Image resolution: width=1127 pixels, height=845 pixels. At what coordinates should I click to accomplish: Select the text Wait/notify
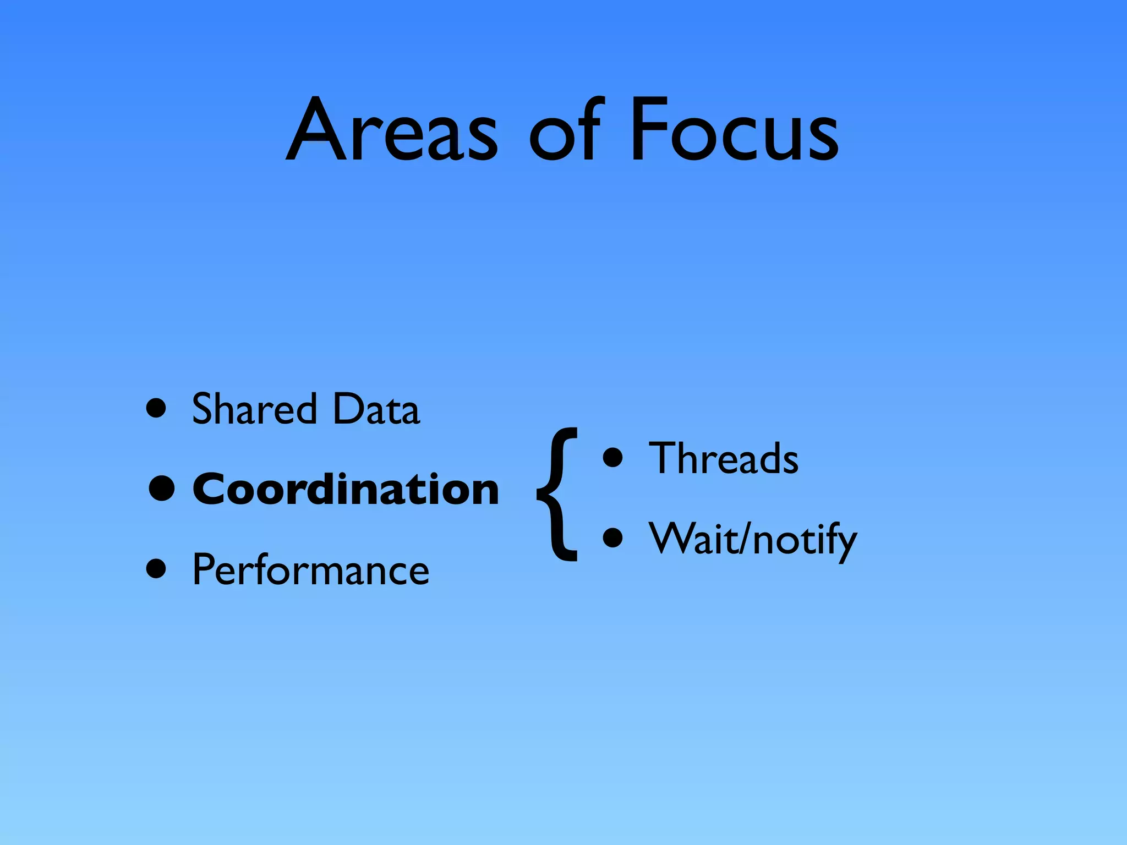753,539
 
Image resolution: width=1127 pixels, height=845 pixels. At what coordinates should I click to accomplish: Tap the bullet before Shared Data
156,409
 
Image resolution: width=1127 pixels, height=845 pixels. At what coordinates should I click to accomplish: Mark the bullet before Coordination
162,489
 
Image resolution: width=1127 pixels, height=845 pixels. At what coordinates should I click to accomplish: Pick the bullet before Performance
156,569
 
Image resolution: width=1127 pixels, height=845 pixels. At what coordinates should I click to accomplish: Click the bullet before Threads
612,458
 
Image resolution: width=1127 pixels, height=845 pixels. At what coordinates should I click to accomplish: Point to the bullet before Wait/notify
612,538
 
